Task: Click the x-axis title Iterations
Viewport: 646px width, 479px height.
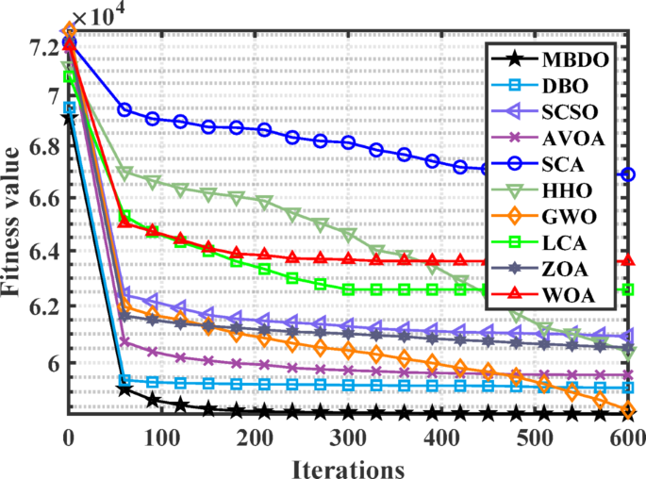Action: coord(348,467)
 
